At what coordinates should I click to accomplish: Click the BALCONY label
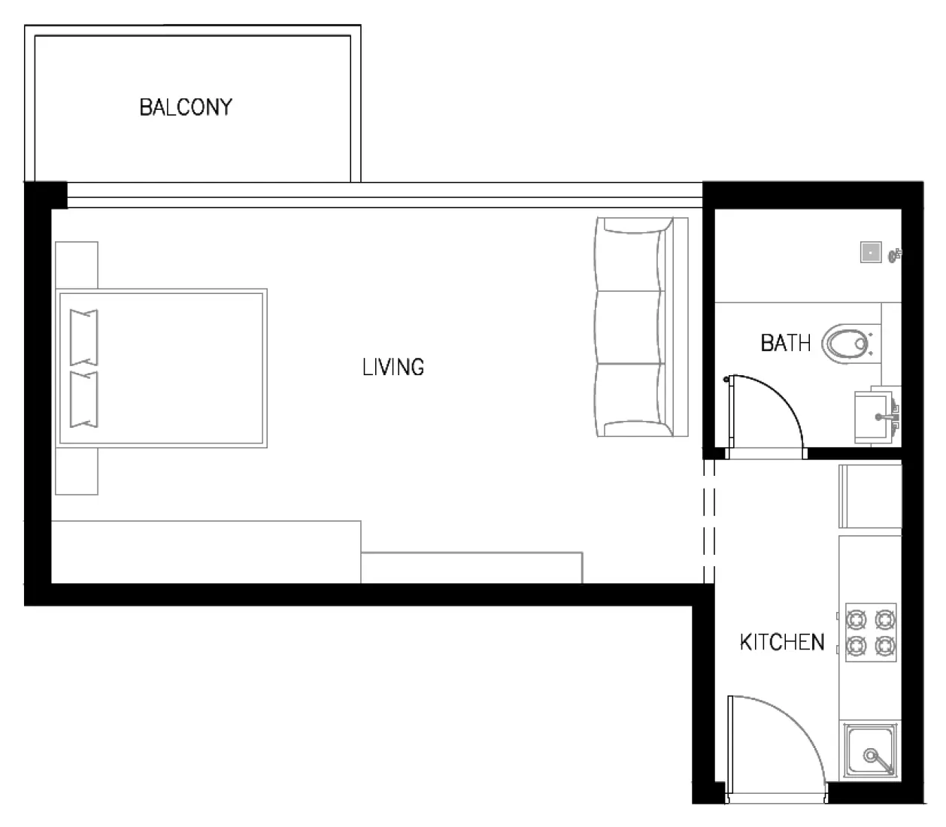(186, 107)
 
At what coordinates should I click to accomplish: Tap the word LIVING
(393, 367)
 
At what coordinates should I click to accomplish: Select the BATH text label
(785, 344)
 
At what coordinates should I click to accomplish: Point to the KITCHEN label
(781, 642)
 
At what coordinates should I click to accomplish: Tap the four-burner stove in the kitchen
(871, 632)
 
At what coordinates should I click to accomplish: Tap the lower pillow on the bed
(83, 398)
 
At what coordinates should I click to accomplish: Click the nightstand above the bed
(77, 265)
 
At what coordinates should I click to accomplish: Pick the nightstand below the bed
(77, 471)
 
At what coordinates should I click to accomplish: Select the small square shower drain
(871, 252)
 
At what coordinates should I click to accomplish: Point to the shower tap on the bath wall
(894, 256)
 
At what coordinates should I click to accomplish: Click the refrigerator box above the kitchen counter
(870, 496)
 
